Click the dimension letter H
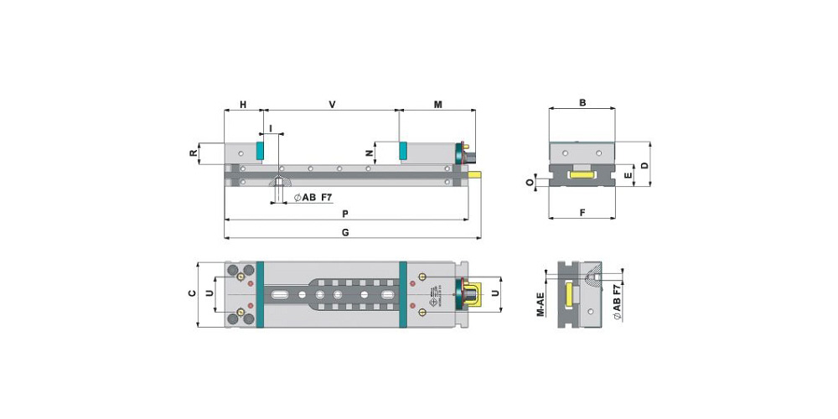point(243,105)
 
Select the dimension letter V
point(332,105)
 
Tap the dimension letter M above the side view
point(437,105)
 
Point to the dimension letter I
point(271,127)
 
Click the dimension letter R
point(194,153)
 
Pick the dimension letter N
point(370,153)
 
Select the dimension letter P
point(345,213)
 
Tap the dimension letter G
point(345,231)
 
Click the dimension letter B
point(582,103)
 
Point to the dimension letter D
point(644,165)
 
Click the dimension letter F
point(582,213)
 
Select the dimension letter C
point(192,293)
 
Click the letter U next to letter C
point(209,293)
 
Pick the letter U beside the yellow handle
point(494,293)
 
